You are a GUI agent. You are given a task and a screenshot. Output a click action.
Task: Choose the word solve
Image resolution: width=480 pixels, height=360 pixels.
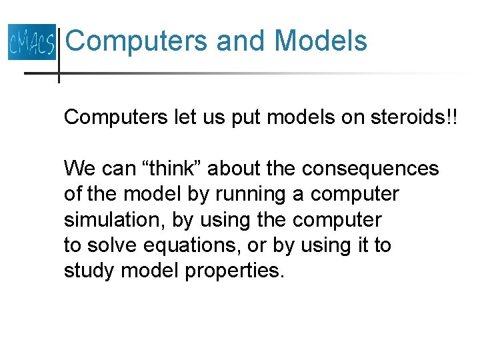[112, 246]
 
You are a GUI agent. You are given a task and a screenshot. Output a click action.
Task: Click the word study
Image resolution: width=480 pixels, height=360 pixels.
[90, 271]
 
